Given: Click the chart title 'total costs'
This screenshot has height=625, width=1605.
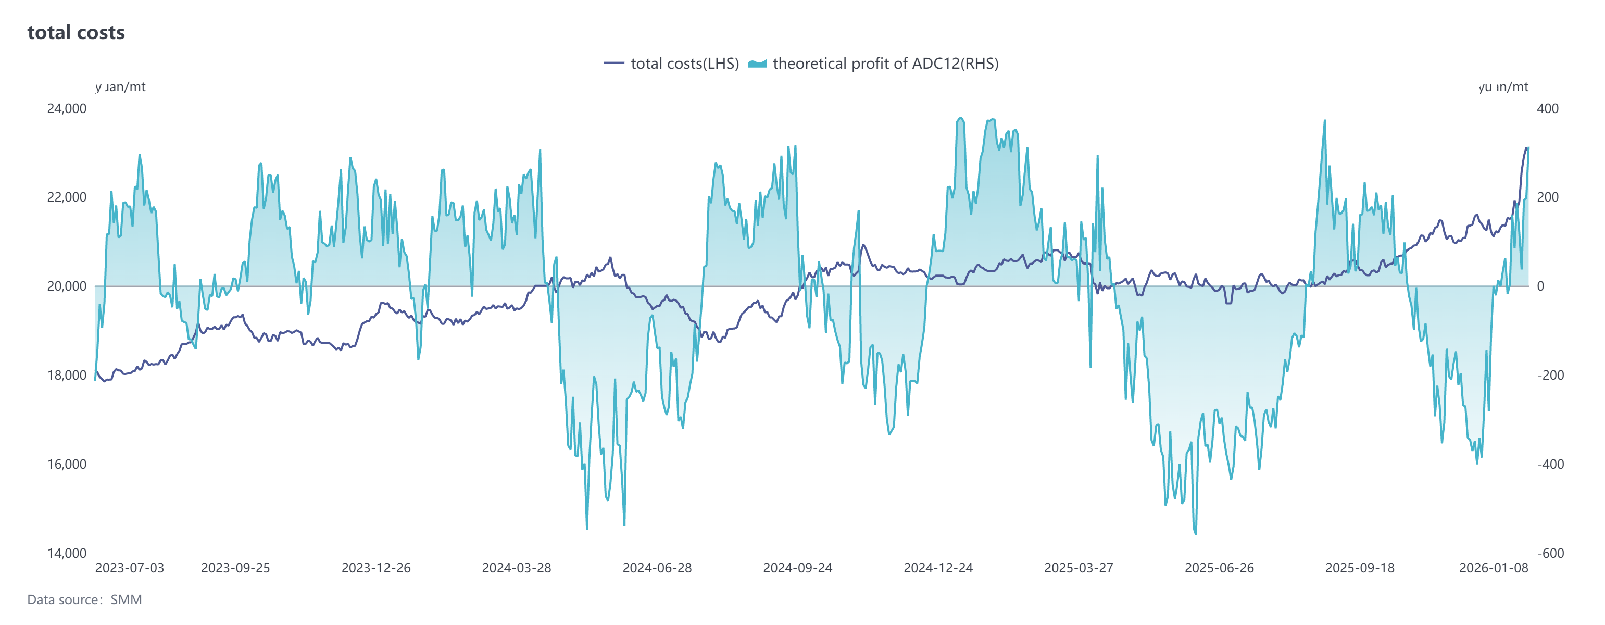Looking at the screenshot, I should click(x=76, y=32).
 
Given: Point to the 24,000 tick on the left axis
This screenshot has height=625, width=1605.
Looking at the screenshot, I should click(x=67, y=108).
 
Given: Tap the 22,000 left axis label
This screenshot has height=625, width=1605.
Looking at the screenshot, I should click(x=67, y=197).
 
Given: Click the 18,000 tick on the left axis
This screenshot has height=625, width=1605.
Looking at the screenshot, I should click(x=67, y=375).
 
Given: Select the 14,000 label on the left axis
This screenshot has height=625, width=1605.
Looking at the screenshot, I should click(x=67, y=553).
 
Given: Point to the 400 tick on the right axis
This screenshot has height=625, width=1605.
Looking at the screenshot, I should click(x=1548, y=108).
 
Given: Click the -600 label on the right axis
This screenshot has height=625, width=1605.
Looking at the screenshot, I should click(x=1550, y=553).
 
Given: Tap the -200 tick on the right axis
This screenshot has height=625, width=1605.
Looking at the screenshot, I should click(x=1550, y=375).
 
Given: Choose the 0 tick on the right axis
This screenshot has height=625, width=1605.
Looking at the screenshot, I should click(x=1541, y=286).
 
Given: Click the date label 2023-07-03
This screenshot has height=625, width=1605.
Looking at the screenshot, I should click(x=130, y=568).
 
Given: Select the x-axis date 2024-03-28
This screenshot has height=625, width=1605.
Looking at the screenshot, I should click(x=517, y=568).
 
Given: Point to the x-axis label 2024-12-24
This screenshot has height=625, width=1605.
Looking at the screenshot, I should click(x=938, y=568).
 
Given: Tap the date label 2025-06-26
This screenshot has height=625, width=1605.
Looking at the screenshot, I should click(x=1219, y=568).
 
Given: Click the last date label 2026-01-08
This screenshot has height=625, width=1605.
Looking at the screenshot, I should click(x=1494, y=568).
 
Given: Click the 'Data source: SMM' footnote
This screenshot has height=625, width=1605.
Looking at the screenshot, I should click(x=85, y=600).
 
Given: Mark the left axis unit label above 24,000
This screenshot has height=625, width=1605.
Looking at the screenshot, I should click(x=120, y=87).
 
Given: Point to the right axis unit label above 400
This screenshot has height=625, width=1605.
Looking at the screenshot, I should click(x=1503, y=87).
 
